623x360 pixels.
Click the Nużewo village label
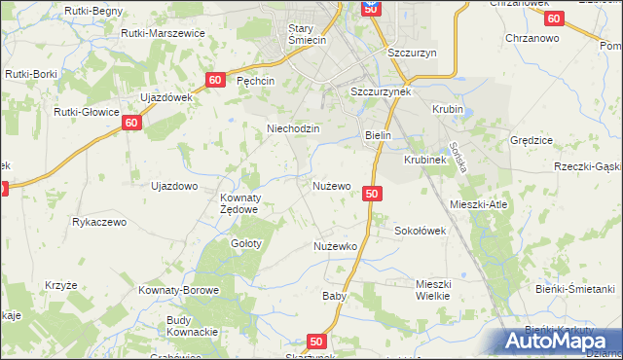point(331,185)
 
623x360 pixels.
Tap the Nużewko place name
point(336,247)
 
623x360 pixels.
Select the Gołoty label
point(245,243)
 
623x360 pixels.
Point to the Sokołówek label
point(419,232)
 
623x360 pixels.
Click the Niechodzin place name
point(287,128)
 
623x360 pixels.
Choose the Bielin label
point(378,136)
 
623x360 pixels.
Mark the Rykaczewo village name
point(99,222)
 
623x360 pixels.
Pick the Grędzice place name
point(531,140)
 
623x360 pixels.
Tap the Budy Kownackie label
point(192,326)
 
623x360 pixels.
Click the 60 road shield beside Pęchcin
point(216,80)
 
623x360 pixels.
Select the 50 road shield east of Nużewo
point(371,194)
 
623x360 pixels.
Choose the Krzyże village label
point(60,285)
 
